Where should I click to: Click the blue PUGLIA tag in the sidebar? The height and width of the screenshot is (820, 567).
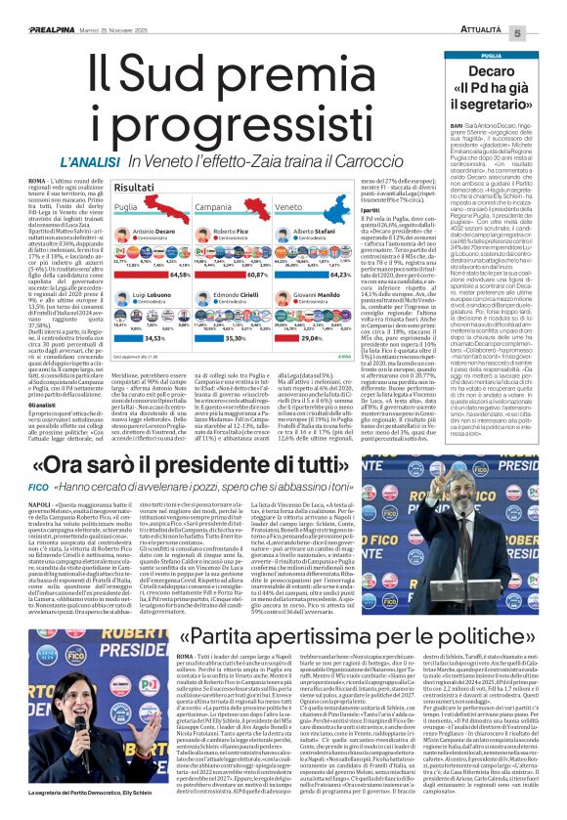tap(491, 56)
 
